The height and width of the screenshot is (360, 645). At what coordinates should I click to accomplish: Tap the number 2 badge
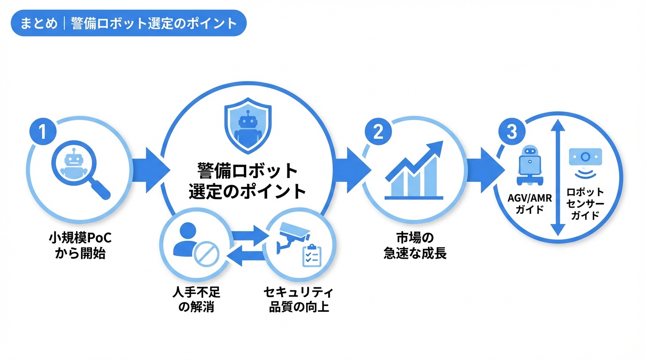tap(377, 132)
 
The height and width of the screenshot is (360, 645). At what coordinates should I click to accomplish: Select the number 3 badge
tap(512, 132)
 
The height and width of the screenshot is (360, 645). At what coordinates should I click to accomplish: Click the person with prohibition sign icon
tap(195, 247)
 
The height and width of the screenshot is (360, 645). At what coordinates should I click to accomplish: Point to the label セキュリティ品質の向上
tap(299, 300)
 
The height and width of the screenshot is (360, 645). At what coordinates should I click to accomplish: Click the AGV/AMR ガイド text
tap(530, 203)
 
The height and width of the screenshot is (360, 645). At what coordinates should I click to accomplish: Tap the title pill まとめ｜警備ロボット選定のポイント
tap(128, 23)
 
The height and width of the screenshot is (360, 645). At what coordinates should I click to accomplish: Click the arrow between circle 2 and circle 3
tap(483, 169)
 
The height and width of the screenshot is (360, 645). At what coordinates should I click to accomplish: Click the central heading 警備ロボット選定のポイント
tap(247, 181)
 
